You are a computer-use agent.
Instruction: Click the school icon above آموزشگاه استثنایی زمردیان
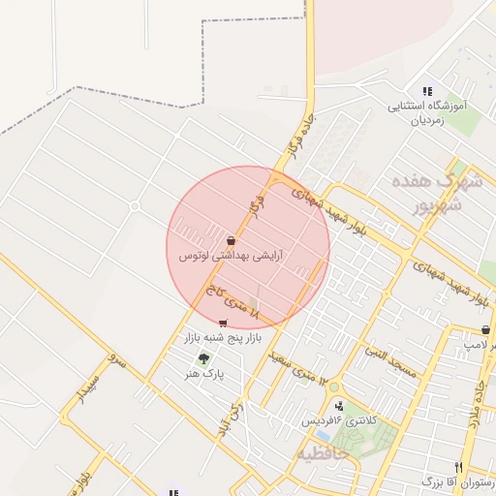coord(427,92)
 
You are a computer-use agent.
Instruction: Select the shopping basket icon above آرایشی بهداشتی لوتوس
coord(231,240)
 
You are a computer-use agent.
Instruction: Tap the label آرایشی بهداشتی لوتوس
coord(231,257)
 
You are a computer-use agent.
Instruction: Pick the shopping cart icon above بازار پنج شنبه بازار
coord(224,324)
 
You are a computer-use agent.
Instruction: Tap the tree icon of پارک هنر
coord(203,359)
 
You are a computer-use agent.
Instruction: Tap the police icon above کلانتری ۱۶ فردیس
coord(338,406)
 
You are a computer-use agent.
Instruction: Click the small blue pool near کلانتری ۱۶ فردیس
coord(321,435)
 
